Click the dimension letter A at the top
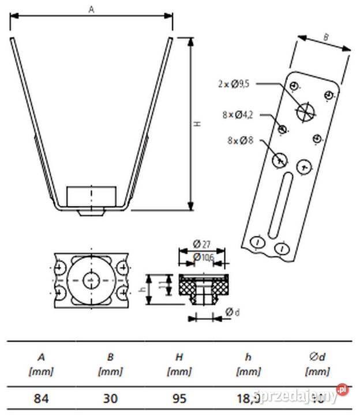(x=91, y=9)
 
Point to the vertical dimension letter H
(x=197, y=124)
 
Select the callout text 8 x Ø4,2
(x=237, y=115)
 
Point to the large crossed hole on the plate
(x=305, y=111)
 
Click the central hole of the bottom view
(x=91, y=280)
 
